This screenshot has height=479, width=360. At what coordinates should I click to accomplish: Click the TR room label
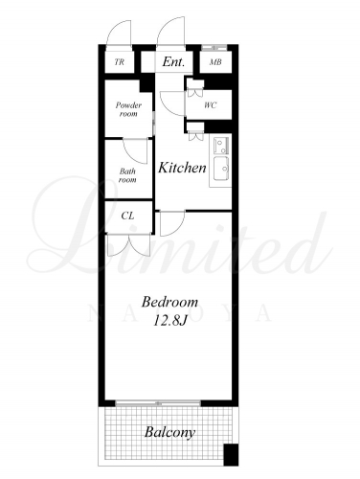[120, 62]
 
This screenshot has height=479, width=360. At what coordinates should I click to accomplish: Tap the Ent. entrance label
[173, 61]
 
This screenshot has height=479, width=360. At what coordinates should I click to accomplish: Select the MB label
[215, 62]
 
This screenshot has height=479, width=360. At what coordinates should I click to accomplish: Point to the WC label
[211, 104]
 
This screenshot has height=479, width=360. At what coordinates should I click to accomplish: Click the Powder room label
[128, 109]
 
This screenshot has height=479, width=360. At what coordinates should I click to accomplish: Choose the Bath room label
[127, 175]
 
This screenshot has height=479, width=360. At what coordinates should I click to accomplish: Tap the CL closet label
[127, 216]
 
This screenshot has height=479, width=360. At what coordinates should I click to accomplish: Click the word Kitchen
[182, 168]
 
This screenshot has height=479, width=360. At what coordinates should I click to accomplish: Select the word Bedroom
[169, 302]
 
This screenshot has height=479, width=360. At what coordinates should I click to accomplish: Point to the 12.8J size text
[169, 321]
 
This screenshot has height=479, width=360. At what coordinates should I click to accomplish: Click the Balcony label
[169, 432]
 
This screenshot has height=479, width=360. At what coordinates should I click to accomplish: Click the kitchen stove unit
[221, 146]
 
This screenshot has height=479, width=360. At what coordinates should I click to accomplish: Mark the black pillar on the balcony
[231, 455]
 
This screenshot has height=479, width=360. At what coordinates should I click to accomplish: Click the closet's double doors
[128, 244]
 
